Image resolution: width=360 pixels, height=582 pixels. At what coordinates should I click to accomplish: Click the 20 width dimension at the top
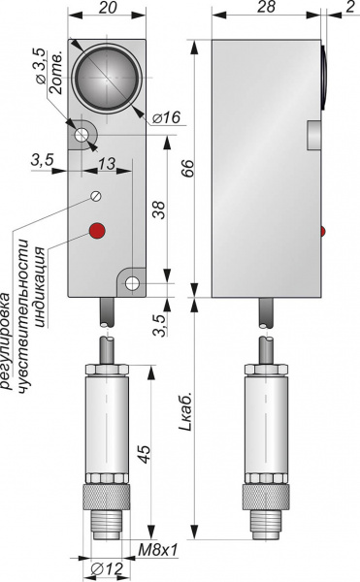pos(108,8)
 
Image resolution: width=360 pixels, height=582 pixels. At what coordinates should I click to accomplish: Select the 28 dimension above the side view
pos(266,7)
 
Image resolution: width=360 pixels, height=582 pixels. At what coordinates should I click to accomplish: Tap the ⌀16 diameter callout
pos(166,117)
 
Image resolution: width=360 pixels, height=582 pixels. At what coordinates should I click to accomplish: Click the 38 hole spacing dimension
pos(158,210)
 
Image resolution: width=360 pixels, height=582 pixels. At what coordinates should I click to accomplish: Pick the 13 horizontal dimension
pos(107,163)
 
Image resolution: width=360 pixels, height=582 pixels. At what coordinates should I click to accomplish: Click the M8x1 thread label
pos(158,551)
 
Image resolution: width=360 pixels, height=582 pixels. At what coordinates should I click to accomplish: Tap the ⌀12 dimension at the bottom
pos(107,568)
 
